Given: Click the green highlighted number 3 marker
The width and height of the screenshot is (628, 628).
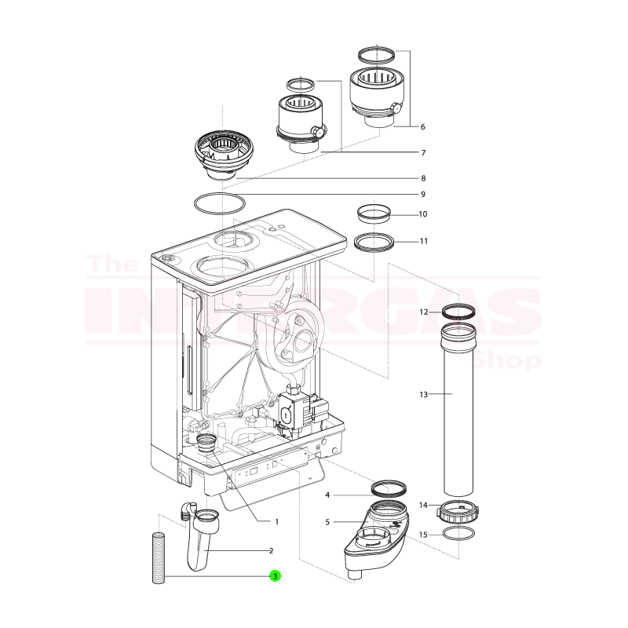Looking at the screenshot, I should [275, 576].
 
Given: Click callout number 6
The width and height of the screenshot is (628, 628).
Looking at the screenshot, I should [422, 126].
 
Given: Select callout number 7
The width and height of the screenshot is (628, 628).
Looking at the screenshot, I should [422, 152].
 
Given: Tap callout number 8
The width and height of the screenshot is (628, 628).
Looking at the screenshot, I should [422, 178].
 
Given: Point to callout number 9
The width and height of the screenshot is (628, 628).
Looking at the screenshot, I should [422, 194].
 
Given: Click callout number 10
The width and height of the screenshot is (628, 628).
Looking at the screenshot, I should [422, 214].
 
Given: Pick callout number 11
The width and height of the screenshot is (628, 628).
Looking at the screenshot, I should [422, 240].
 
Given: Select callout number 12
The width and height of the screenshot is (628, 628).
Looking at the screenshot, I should [423, 312].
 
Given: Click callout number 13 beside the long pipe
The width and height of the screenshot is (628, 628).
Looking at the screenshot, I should [423, 395].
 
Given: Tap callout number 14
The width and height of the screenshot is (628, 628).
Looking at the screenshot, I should [423, 505].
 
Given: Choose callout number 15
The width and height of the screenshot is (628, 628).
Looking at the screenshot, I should [423, 535].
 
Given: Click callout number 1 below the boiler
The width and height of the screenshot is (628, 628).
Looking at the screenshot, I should [276, 521].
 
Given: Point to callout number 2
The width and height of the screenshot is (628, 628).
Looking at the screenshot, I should [271, 550].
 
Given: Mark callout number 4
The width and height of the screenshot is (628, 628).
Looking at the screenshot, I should [327, 495].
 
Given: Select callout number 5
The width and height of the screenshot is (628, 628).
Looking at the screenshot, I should [327, 522].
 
